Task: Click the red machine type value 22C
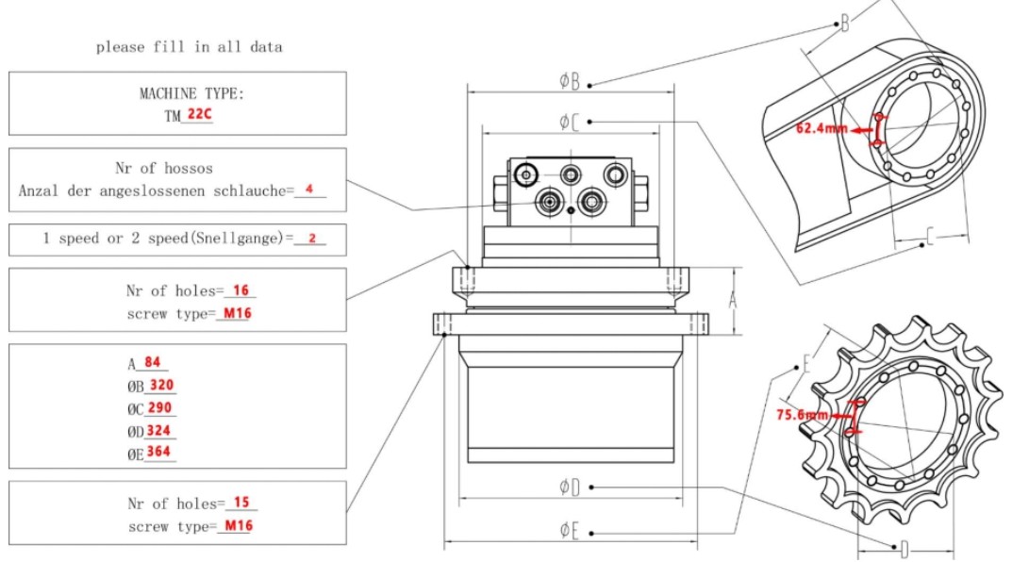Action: pos(199,114)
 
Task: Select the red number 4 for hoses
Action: pos(309,189)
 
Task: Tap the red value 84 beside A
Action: pos(152,362)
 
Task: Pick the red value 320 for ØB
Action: pos(161,386)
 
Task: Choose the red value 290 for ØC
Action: pos(161,408)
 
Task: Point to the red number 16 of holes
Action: pos(241,290)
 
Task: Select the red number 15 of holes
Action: pos(241,503)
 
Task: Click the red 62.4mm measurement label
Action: pos(822,127)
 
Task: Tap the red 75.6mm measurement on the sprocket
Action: pos(802,414)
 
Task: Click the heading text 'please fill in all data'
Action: pos(189,46)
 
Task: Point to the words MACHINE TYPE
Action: pos(191,93)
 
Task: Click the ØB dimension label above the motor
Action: pos(569,81)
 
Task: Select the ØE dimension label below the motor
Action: pos(569,531)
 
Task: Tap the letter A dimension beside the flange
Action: pos(732,301)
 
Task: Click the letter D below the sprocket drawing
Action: pos(904,549)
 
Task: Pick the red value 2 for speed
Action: pos(312,239)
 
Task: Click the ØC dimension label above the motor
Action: pos(569,122)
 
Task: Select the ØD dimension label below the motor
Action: pos(569,488)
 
